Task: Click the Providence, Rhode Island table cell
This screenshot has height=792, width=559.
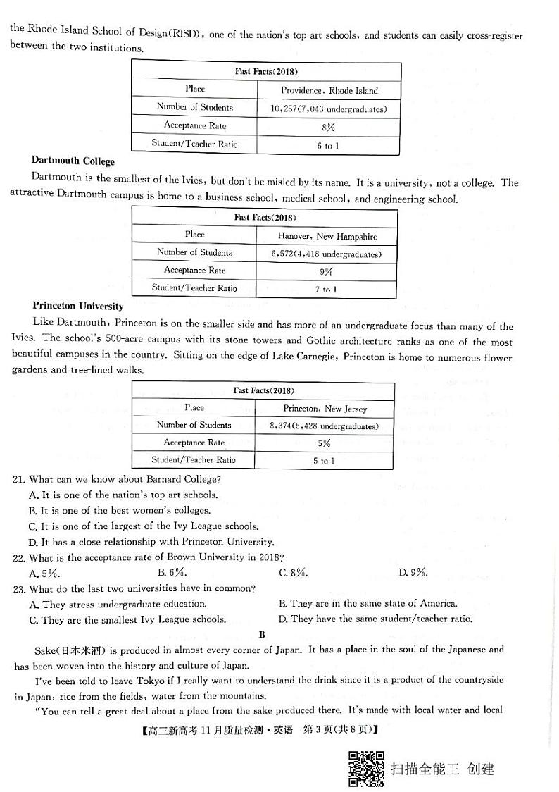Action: tap(329, 90)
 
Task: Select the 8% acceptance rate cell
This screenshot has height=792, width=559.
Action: tap(328, 128)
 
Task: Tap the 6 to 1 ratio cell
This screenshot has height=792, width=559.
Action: tap(328, 146)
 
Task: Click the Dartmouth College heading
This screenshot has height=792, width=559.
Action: tap(73, 161)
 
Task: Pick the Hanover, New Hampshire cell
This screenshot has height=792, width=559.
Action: tap(327, 236)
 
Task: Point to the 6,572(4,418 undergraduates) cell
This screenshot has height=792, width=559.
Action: tap(327, 254)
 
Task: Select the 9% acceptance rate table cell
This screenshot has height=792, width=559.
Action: tap(326, 271)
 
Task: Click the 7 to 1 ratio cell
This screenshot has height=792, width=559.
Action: tap(326, 289)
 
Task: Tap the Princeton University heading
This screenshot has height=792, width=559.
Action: tap(77, 307)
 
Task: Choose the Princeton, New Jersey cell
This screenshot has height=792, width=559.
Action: tap(325, 408)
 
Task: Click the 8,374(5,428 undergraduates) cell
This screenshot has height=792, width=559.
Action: tap(324, 426)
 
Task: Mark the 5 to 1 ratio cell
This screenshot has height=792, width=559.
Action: tap(324, 461)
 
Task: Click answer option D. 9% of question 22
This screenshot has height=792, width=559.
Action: tap(413, 572)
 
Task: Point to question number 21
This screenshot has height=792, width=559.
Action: tap(20, 479)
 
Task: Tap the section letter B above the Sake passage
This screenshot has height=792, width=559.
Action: tap(262, 634)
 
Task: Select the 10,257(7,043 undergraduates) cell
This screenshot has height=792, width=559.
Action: tap(329, 109)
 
